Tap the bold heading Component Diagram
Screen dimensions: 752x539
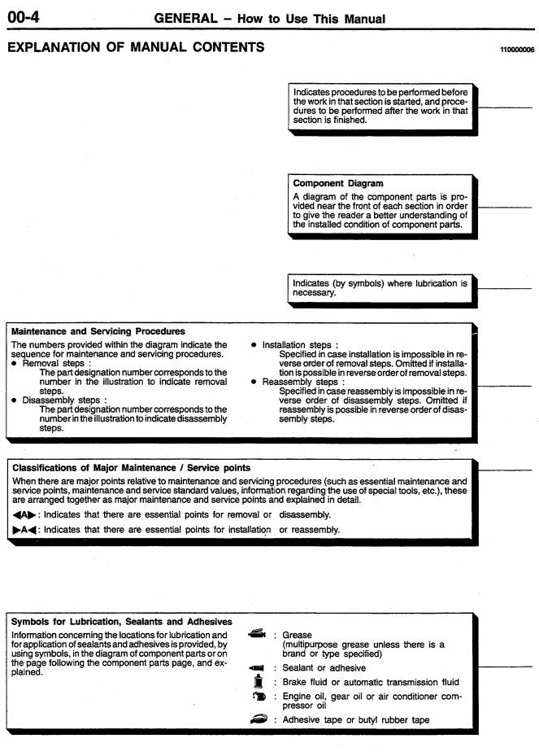[x=339, y=184]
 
